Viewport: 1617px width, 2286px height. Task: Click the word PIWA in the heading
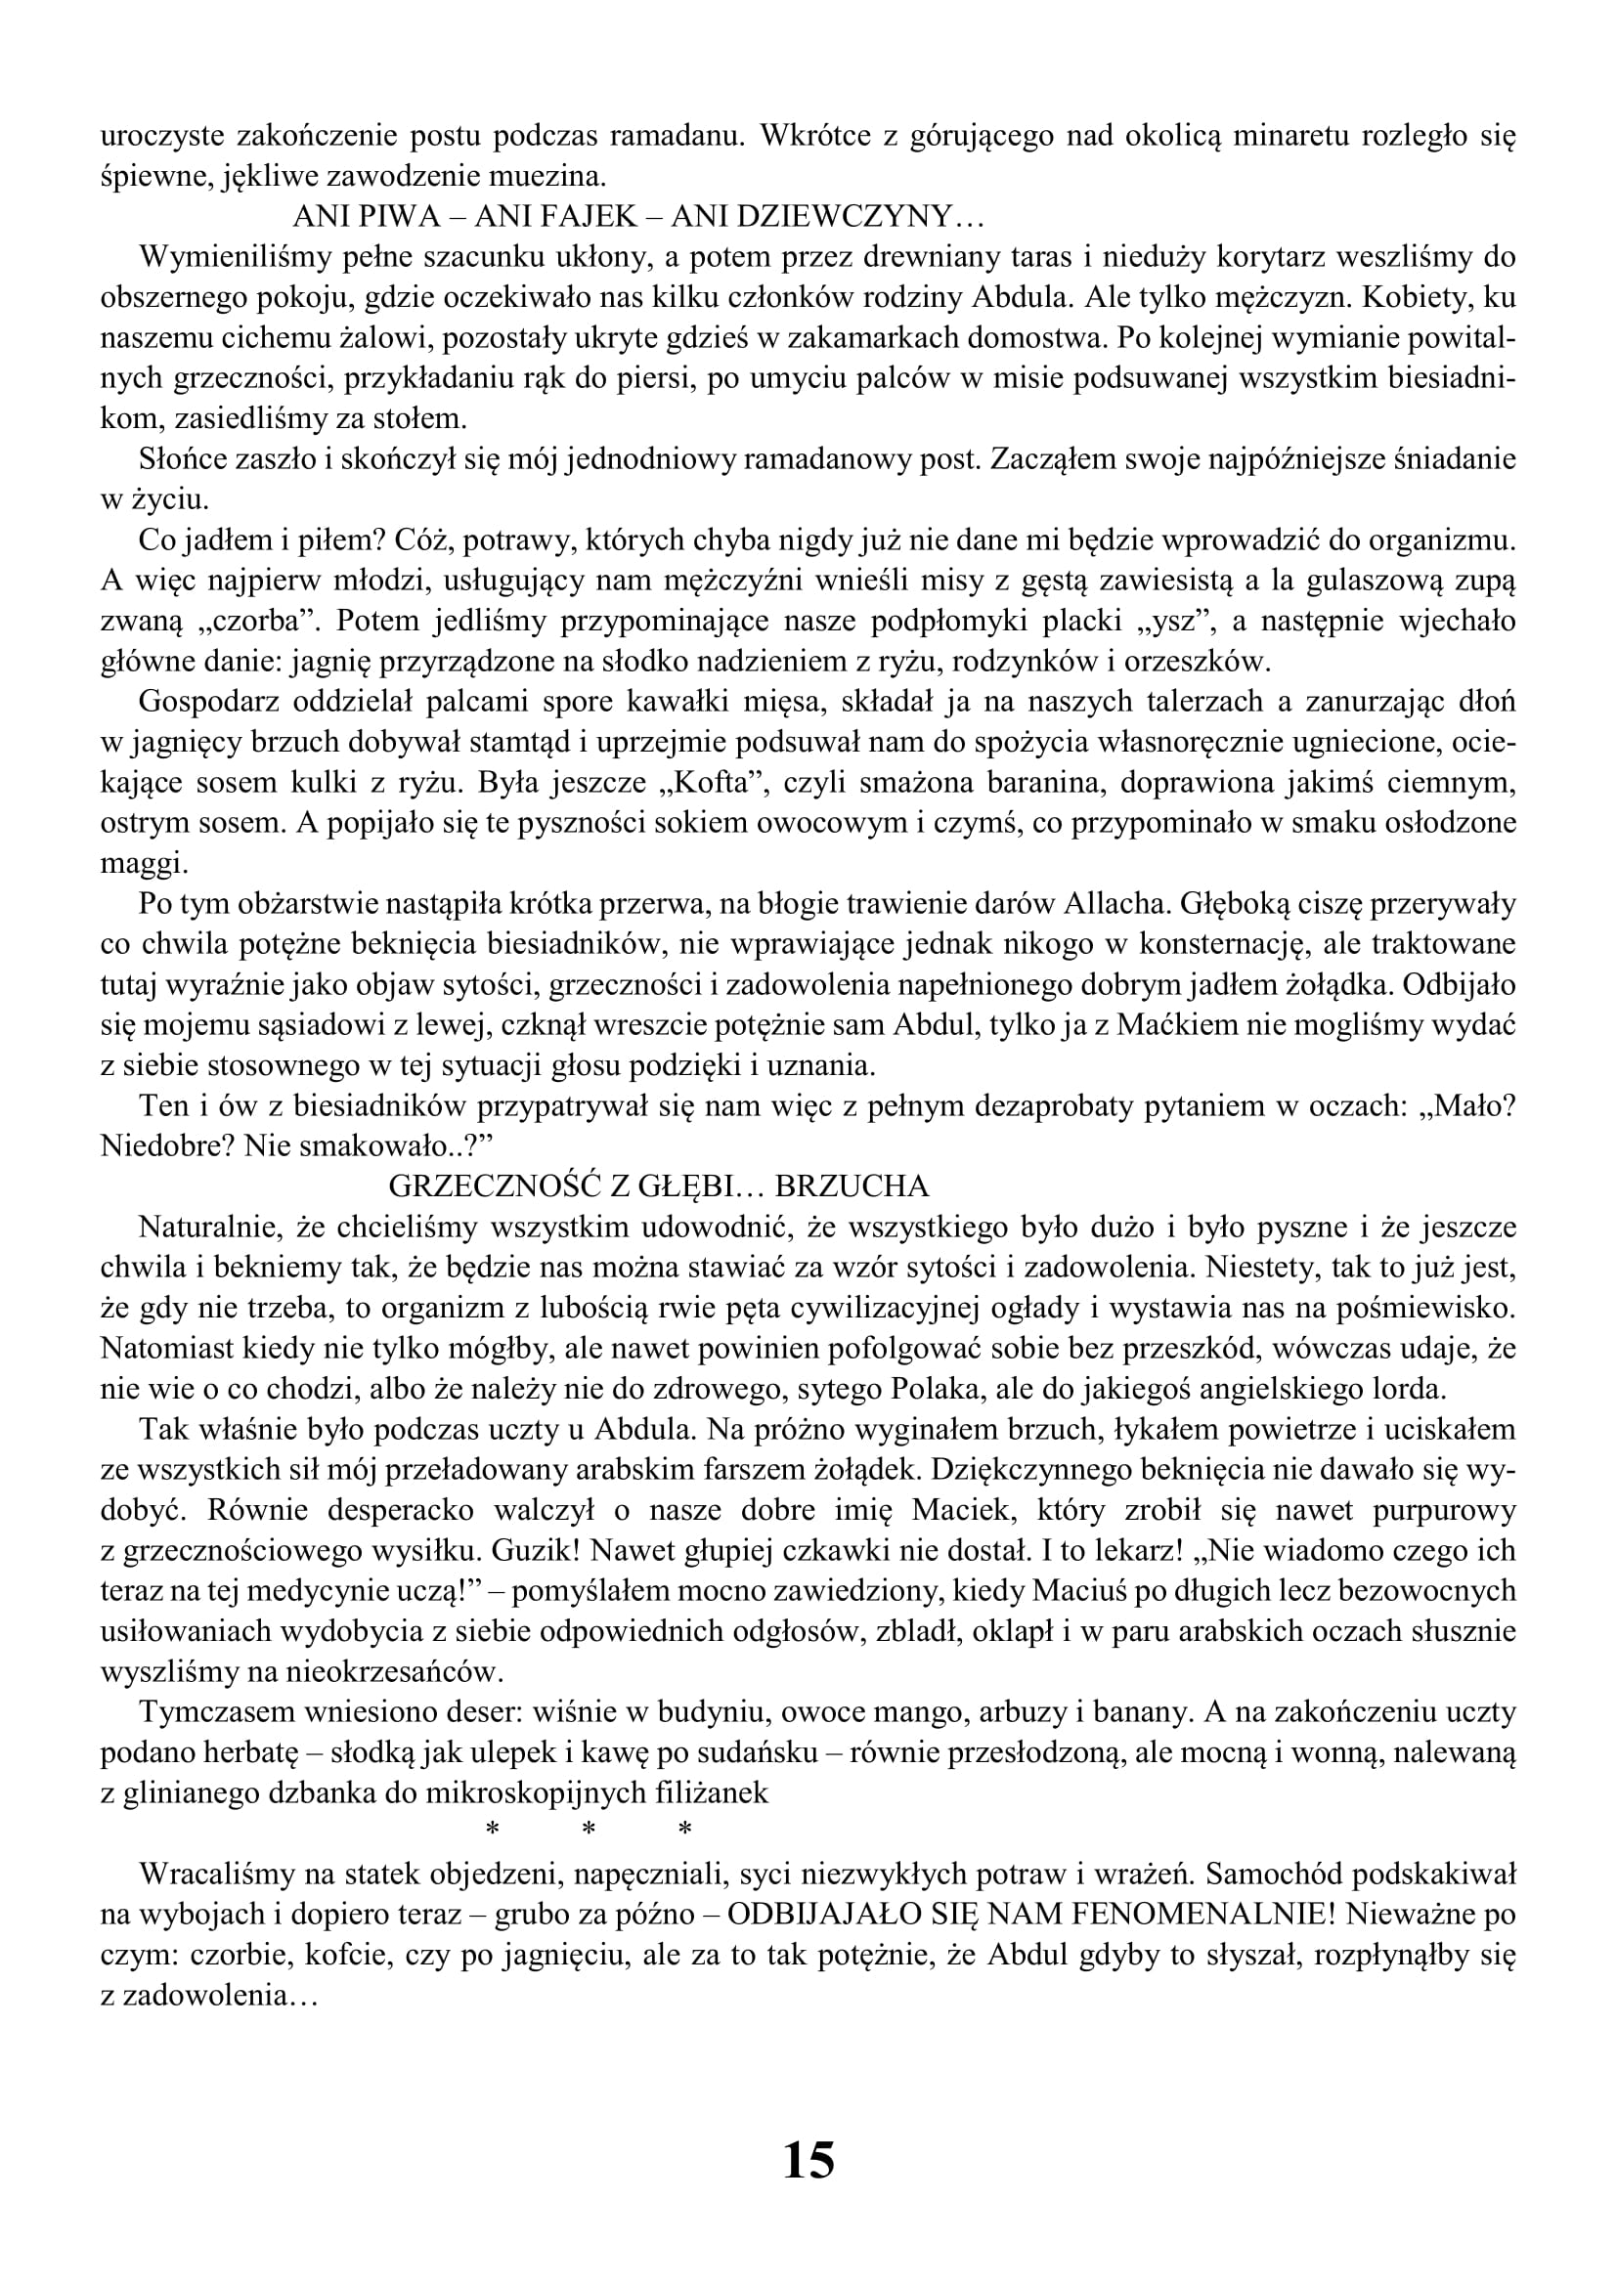[x=398, y=216]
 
